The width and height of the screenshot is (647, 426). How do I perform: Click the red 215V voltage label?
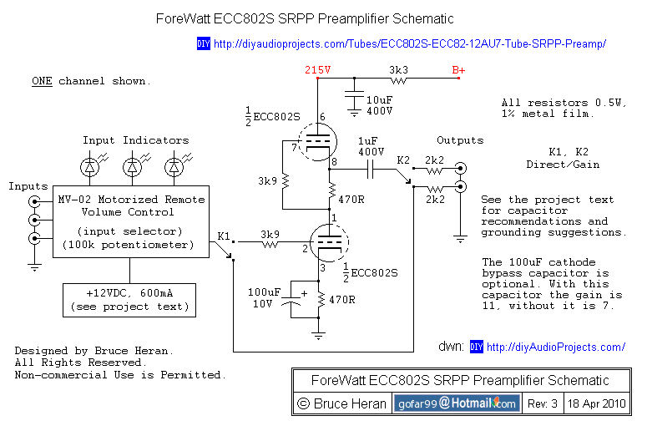tap(318, 70)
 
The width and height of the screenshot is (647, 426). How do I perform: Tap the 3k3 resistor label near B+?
tap(398, 70)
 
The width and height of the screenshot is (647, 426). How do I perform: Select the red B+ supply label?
tap(458, 70)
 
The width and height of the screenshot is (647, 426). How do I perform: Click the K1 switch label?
tap(224, 236)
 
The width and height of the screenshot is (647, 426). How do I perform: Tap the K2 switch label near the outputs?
tap(404, 159)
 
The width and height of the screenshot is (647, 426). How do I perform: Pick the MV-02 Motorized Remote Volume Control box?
tap(130, 222)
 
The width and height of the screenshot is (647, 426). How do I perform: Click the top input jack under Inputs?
tap(34, 202)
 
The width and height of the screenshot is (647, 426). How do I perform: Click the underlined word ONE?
tap(43, 81)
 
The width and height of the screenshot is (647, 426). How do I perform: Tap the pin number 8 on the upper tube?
tap(334, 160)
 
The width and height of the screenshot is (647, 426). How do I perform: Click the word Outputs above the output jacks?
tap(460, 139)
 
